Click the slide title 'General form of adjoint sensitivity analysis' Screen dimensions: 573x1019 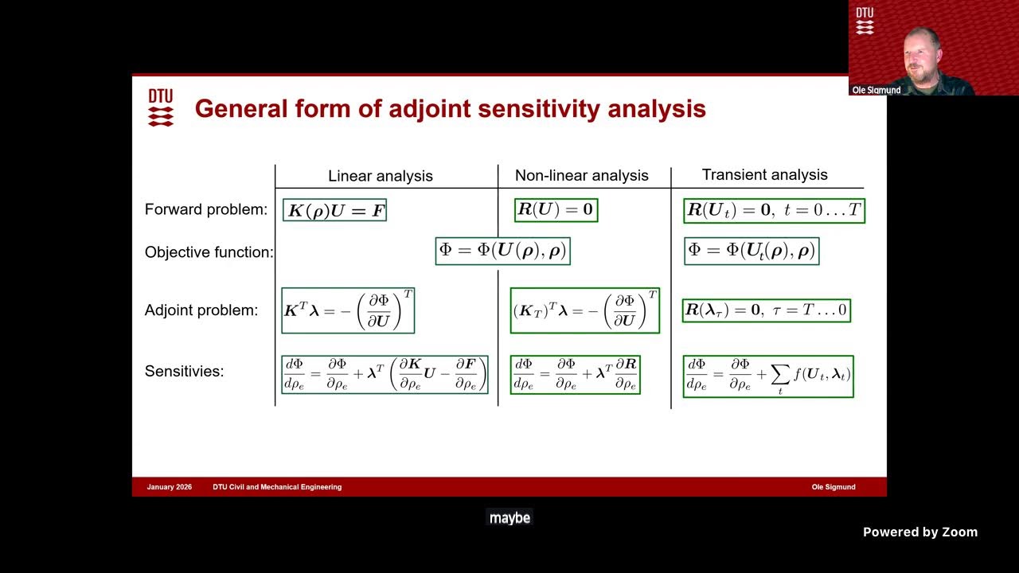tap(450, 109)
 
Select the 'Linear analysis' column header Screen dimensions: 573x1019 tap(381, 176)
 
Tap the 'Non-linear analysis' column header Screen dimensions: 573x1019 tap(581, 176)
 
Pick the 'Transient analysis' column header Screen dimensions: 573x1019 tap(764, 174)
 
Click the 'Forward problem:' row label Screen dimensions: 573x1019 tap(205, 210)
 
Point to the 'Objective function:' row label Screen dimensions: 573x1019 tap(209, 252)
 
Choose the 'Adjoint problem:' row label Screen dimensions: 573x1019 tap(201, 310)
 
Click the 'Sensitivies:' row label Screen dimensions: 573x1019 tap(184, 371)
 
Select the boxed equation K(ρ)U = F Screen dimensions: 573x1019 tap(334, 211)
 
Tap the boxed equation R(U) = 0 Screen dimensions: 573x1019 tap(556, 210)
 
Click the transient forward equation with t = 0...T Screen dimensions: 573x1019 tap(774, 211)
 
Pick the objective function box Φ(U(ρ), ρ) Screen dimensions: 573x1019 tap(502, 251)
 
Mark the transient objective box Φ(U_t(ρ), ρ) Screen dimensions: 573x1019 tap(751, 251)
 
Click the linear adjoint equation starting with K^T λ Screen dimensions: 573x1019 tap(348, 310)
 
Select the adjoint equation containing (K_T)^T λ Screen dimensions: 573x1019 tap(584, 310)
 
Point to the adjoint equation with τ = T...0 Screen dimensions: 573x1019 tap(766, 310)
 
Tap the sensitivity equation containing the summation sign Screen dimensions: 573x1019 tap(767, 376)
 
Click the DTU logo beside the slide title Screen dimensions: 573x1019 tap(161, 107)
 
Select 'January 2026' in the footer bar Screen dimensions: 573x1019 tap(170, 487)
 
